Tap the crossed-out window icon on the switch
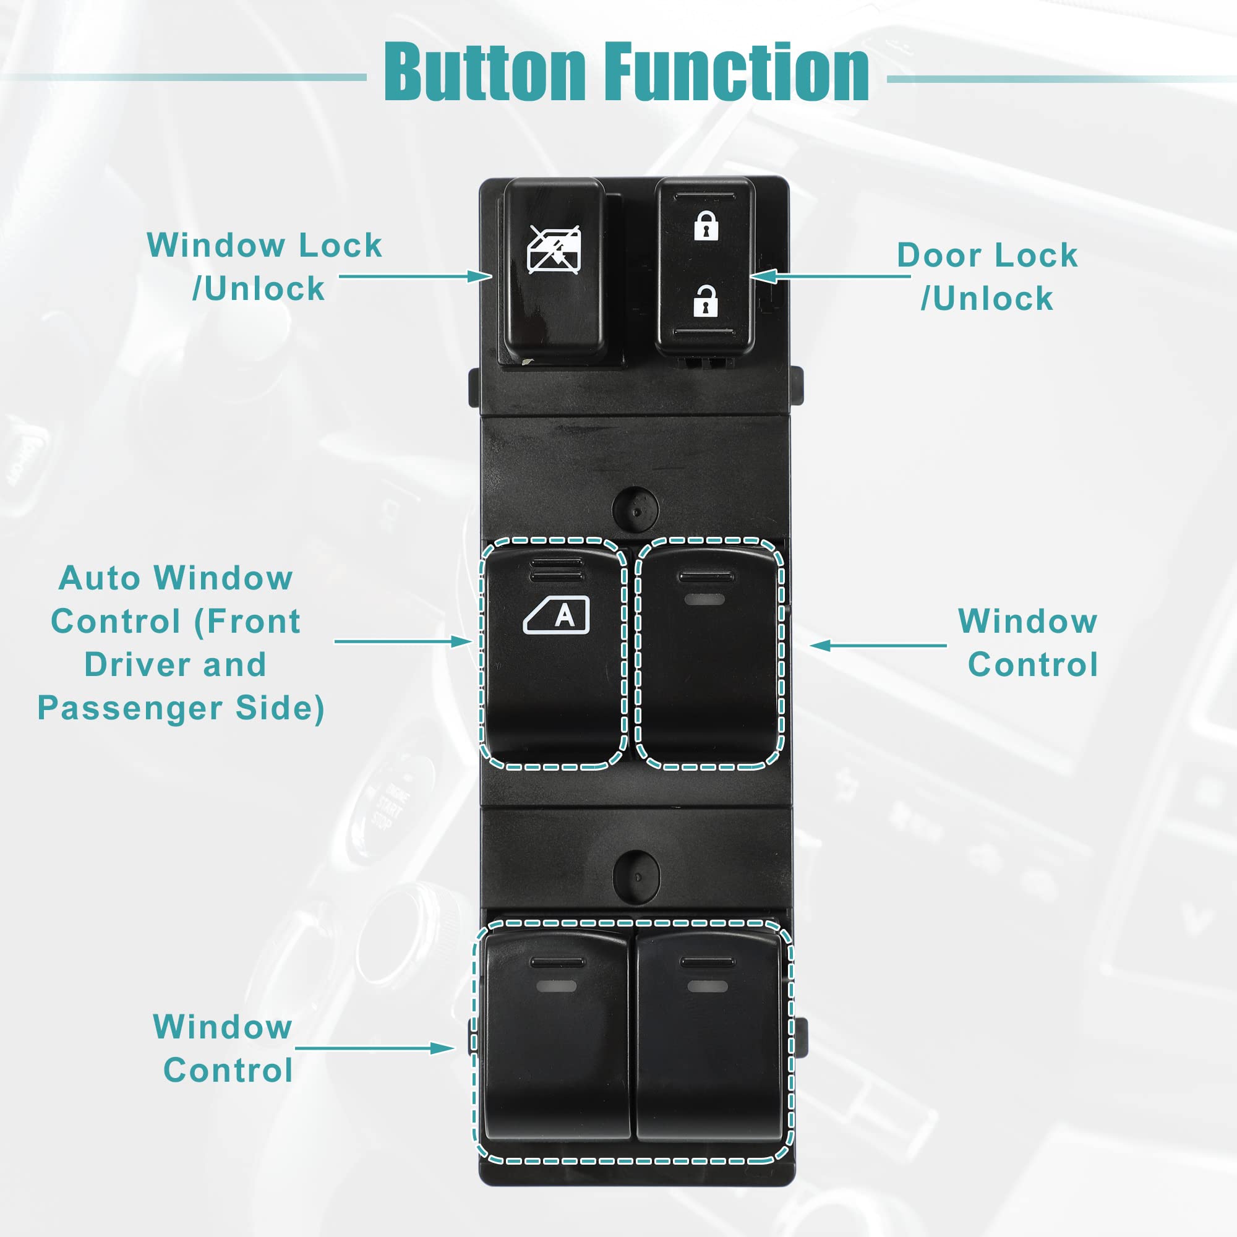point(554,250)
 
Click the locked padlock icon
point(706,225)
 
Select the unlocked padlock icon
point(705,301)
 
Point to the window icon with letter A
point(557,615)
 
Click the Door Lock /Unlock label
point(987,276)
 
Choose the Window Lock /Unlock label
point(264,267)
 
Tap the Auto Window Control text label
point(176,643)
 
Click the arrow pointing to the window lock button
point(415,276)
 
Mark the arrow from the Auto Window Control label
point(403,641)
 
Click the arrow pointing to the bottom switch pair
point(375,1048)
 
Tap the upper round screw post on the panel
point(635,509)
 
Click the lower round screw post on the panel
point(636,875)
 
